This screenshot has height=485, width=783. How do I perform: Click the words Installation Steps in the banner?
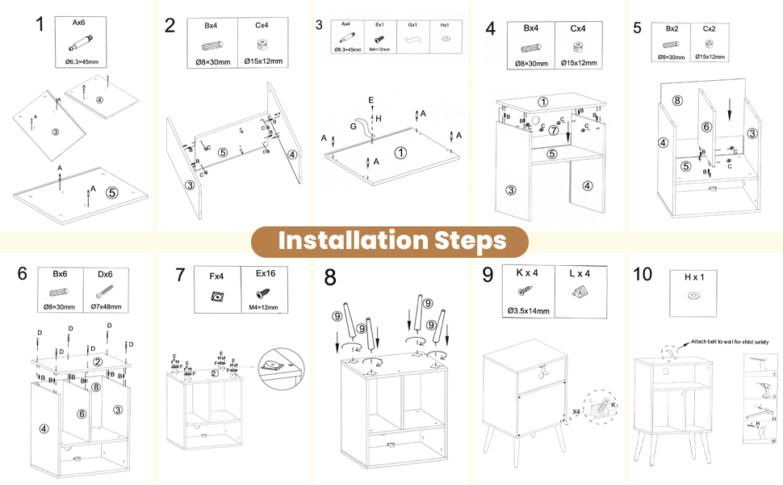click(x=391, y=240)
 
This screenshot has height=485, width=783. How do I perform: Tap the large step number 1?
click(x=40, y=23)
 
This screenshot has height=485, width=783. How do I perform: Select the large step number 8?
click(x=330, y=277)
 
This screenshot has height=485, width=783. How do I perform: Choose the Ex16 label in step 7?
click(x=266, y=275)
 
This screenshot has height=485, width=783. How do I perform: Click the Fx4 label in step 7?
click(x=216, y=276)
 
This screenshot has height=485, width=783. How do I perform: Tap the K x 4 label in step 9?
click(x=528, y=272)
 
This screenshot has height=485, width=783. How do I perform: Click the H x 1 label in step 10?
click(x=693, y=276)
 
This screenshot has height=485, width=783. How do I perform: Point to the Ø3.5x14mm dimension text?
click(x=529, y=310)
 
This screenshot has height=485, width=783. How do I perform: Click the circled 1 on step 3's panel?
click(x=401, y=151)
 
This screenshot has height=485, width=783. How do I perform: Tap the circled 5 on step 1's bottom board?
click(x=111, y=192)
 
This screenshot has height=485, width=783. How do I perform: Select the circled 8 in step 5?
click(x=677, y=101)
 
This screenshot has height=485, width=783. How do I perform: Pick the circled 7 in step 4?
click(x=554, y=130)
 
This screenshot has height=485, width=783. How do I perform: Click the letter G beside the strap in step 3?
click(x=353, y=126)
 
